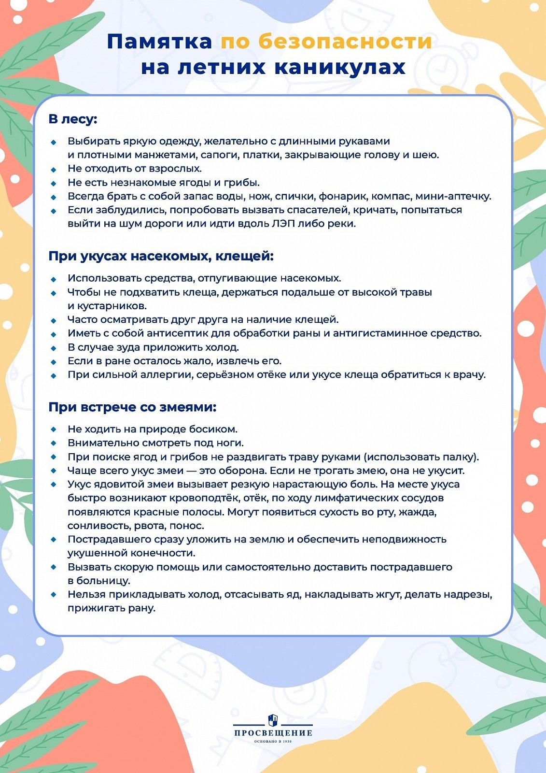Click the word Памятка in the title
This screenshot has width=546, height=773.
[x=159, y=42]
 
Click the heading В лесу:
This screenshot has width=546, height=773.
[x=73, y=119]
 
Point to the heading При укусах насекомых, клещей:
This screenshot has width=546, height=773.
[x=161, y=256]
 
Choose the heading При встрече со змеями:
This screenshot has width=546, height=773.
[x=132, y=407]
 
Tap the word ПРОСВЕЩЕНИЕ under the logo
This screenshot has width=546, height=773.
[x=273, y=733]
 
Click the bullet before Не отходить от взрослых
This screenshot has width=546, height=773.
[x=54, y=169]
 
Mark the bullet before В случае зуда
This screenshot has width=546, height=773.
[x=54, y=348]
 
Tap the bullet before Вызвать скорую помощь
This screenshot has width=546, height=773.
[x=54, y=567]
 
